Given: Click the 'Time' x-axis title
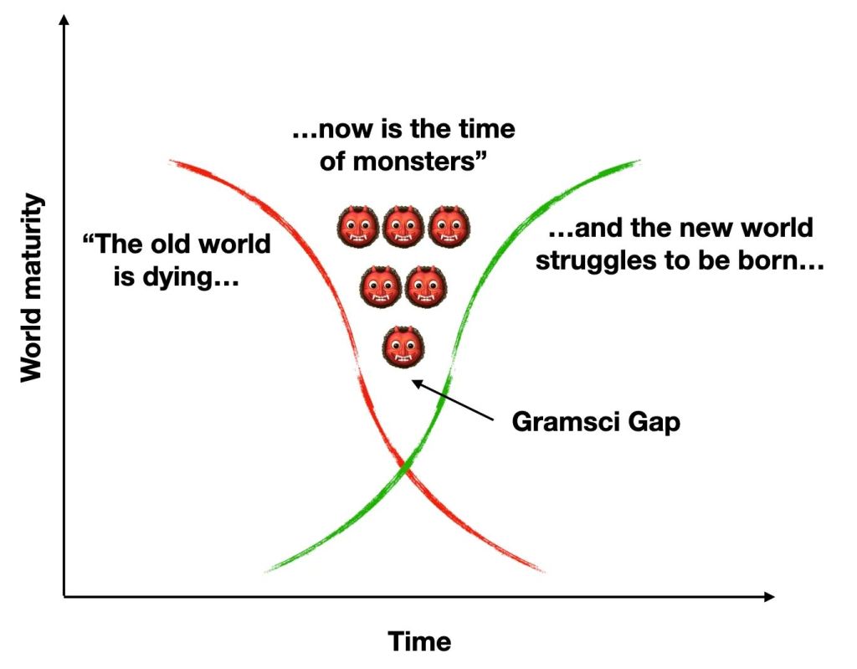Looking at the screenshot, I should point(419,641).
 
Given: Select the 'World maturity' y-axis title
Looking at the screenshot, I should point(31,287).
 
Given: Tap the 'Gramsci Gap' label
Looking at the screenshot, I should point(596,422).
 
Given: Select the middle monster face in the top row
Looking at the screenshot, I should point(403,228).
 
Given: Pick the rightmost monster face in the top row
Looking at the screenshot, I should point(449,228).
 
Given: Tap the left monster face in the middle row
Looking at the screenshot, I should point(381,286).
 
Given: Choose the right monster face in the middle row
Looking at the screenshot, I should point(427,286).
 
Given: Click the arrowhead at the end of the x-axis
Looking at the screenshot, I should point(769,596).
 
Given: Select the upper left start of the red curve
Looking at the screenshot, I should point(172,160).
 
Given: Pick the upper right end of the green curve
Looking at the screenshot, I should point(638,160).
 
